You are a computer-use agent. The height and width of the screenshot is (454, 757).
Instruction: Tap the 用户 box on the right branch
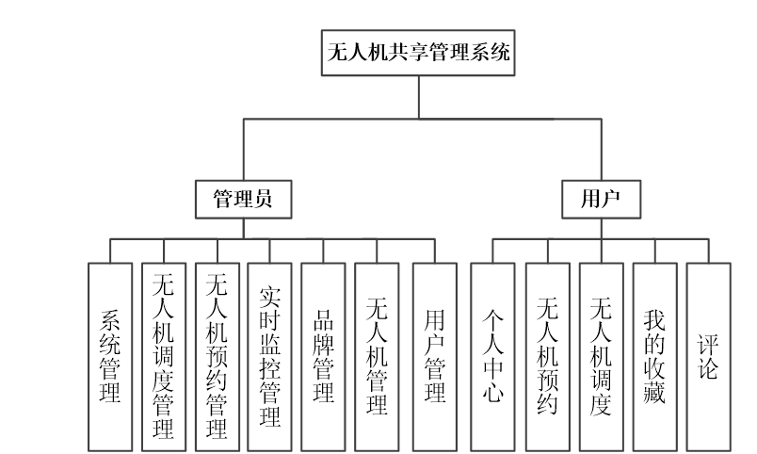point(601,199)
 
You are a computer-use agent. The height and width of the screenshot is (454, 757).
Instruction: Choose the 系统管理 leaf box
point(110,355)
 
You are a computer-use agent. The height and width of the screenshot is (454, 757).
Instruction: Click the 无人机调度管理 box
point(163,355)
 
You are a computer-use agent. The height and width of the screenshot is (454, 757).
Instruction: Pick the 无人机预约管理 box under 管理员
point(217,355)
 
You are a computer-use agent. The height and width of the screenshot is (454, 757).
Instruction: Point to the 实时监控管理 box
point(270,355)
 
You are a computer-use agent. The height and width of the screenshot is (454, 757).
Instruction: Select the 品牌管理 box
point(324,355)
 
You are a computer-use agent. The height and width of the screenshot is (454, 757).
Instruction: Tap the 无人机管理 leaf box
point(378,355)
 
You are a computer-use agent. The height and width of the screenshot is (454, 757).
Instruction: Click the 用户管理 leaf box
point(434,355)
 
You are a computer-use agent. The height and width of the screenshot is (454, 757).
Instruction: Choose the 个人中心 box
point(493,355)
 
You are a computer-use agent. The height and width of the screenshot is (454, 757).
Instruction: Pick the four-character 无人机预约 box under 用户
point(547,355)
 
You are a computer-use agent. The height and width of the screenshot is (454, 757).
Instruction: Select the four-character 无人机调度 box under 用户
point(602,355)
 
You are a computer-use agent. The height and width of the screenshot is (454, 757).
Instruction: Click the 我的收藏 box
point(655,355)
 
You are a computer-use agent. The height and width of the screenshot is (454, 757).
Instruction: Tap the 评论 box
point(708,355)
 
